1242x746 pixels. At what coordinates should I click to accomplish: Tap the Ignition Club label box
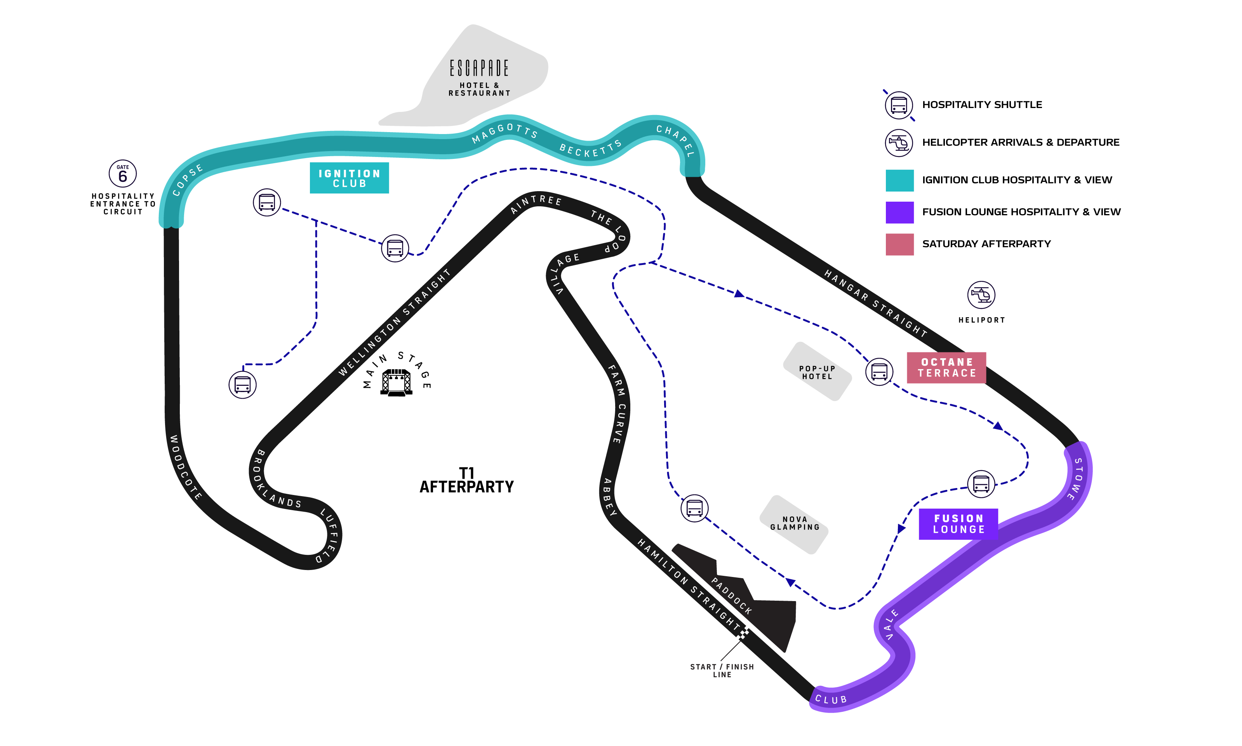(x=349, y=178)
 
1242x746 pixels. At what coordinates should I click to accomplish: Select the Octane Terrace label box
(x=946, y=368)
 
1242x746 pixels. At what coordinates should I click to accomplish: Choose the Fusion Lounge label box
(x=958, y=524)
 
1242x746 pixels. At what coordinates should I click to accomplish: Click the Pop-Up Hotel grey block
(x=817, y=372)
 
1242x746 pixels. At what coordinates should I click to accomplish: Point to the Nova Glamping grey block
(x=794, y=524)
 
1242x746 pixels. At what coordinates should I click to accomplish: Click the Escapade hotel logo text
(x=479, y=68)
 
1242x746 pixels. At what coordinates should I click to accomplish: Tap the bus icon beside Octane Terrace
(x=879, y=372)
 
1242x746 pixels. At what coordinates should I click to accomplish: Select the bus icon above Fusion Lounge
(x=981, y=484)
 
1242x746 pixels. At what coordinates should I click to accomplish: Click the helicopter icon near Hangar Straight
(x=981, y=295)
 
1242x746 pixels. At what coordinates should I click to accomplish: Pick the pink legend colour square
(x=899, y=245)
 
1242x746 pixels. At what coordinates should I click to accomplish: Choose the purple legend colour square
(x=899, y=213)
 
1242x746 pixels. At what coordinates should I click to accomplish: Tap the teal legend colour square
(x=899, y=180)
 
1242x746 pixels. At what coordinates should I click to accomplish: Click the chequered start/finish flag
(x=743, y=633)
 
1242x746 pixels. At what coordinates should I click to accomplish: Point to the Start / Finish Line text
(x=722, y=671)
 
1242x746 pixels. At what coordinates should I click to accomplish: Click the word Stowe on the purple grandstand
(x=1076, y=479)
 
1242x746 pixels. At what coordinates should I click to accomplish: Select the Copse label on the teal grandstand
(x=188, y=180)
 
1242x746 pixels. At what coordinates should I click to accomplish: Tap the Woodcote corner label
(x=185, y=467)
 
